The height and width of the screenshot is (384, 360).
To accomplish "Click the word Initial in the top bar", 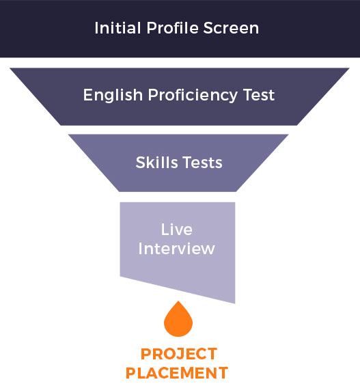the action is [x=117, y=28].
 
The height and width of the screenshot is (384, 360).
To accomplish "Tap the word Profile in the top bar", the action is [x=172, y=28].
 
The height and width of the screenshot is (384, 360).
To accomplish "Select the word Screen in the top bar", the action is [x=231, y=28].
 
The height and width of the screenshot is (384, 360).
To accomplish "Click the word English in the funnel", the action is [x=113, y=95].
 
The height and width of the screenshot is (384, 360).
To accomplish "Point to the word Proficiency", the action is [x=193, y=95].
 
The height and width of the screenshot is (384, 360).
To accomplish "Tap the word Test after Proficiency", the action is [x=259, y=95].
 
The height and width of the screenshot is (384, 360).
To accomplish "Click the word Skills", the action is [x=156, y=163].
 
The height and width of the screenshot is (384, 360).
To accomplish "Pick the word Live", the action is [x=176, y=230].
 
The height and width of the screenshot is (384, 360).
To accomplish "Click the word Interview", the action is [x=176, y=249].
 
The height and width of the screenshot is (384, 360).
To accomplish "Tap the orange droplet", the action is [x=178, y=319].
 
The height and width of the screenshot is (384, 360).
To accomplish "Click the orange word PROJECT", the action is [x=179, y=354].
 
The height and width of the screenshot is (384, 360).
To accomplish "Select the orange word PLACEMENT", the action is [x=177, y=373].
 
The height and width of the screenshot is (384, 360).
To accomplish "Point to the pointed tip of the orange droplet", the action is [x=178, y=301].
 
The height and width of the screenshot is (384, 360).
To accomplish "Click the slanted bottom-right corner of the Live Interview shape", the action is [x=235, y=303].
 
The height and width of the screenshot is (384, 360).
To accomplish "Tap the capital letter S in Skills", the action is [x=141, y=163].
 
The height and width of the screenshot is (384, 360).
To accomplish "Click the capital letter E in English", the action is [x=88, y=95].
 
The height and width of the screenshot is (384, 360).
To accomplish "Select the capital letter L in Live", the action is [x=165, y=230].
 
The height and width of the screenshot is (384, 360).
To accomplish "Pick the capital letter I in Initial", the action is [x=96, y=28].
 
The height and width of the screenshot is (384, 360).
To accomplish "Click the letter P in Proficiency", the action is [x=153, y=95].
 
